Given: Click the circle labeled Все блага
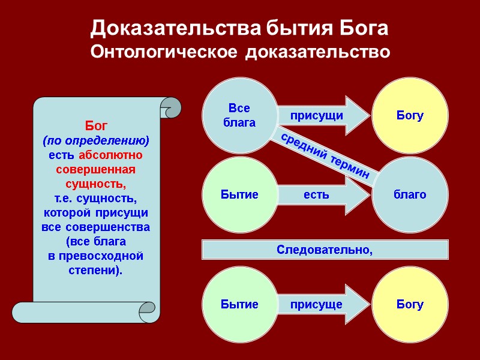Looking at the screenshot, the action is coord(239,115).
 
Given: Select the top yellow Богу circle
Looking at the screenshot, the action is coord(410,115).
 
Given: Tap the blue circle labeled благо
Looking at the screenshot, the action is coord(410,194).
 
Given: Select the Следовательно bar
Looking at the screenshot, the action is coord(325,249).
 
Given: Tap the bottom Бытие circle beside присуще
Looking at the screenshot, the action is coord(239,304).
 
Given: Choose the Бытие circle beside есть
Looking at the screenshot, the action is coord(239,194).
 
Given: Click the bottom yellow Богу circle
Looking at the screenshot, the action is coord(410,304).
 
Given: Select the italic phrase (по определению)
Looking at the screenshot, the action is coord(96,141).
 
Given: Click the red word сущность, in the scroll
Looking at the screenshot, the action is coord(96,182).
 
